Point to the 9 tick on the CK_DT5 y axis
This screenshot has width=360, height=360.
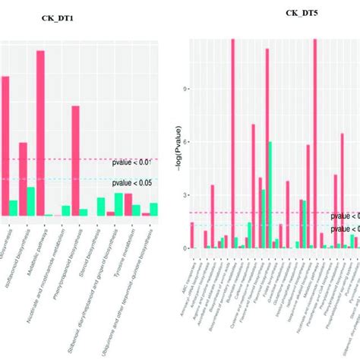[x=183, y=88]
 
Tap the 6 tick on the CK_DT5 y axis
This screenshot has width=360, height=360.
[x=183, y=141]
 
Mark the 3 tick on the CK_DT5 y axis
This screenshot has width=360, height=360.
[x=183, y=195]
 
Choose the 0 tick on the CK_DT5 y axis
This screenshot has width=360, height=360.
[x=183, y=248]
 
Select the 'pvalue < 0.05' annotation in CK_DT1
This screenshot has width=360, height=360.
[x=134, y=183]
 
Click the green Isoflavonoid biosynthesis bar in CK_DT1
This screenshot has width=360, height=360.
[x=31, y=202]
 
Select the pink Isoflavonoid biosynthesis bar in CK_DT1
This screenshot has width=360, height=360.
[x=23, y=179]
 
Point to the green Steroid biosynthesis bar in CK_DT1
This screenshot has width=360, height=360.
[x=100, y=207]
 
